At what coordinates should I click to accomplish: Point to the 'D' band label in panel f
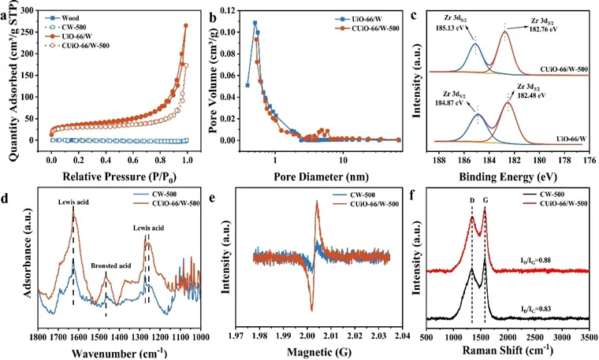coord(471,200)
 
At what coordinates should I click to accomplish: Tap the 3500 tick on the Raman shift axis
coord(588,337)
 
